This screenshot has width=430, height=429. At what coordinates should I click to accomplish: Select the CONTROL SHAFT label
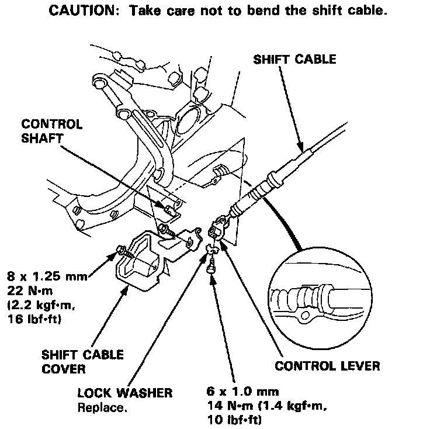pos(52,132)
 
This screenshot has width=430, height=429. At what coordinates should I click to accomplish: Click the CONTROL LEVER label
pos(327,366)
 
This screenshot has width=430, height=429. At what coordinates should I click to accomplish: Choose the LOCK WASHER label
pos(125,393)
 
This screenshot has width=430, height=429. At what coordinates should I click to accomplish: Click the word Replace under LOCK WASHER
pos(102,407)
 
